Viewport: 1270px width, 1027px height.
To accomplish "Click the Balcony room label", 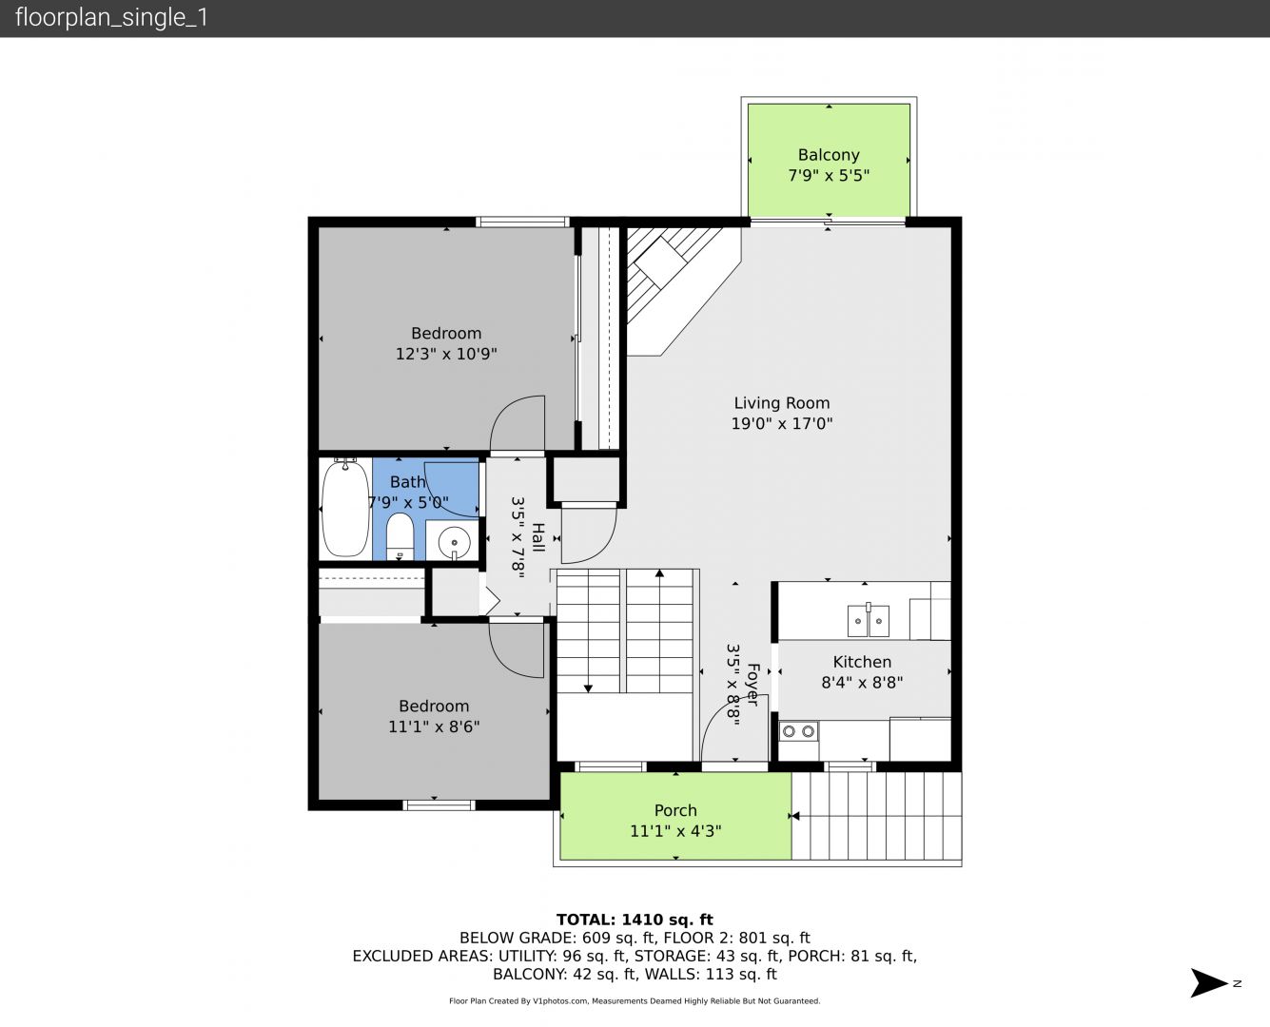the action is point(829,155).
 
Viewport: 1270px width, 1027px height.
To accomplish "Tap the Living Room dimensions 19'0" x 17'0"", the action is point(782,423).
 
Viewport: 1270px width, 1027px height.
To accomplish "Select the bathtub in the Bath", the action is point(345,508).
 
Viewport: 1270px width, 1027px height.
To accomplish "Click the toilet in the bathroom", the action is point(400,536).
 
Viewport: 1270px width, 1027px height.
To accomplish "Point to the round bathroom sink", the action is point(455,542).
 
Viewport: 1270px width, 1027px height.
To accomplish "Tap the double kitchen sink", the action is point(869,621).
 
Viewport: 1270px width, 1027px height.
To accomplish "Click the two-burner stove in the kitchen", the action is point(798,731).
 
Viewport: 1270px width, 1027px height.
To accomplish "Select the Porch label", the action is point(675,810).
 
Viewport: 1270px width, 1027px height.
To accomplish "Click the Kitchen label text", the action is point(862,662).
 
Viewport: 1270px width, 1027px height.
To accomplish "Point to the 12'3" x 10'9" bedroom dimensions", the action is point(446,354).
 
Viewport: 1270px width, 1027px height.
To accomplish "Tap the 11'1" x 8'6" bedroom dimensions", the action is point(434,727).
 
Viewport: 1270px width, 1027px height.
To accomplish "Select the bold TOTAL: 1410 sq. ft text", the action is point(635,920).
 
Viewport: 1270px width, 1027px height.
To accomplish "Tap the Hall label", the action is point(537,537).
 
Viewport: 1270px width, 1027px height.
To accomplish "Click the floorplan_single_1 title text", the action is point(111,18).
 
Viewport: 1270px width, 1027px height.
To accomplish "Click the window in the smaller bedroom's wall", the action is point(439,805).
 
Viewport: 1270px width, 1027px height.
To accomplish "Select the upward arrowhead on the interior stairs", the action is point(659,573).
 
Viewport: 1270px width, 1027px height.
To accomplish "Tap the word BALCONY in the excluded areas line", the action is point(530,974).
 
